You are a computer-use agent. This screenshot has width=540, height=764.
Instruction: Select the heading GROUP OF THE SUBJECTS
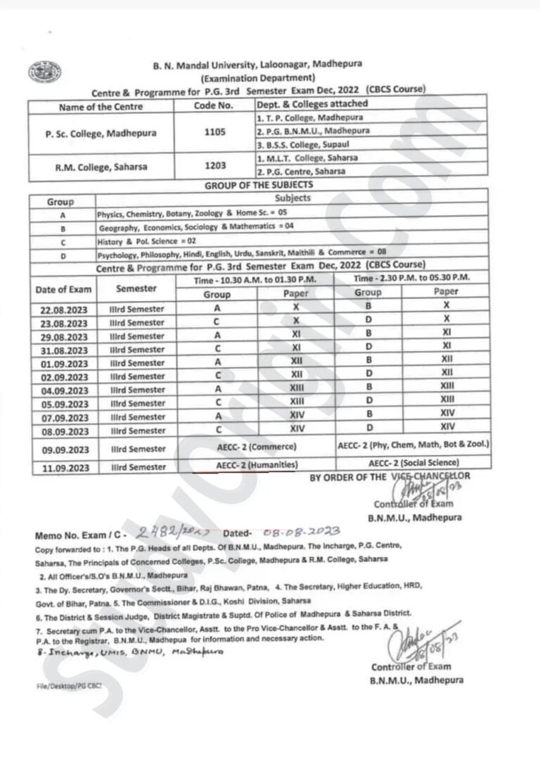coord(259,185)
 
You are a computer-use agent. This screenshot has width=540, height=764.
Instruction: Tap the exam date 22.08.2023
coord(64,310)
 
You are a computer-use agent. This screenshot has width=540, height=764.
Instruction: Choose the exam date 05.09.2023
coord(64,404)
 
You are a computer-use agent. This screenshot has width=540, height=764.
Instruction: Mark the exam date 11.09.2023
coord(64,467)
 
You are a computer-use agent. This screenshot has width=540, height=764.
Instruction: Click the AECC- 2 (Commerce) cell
coord(255,447)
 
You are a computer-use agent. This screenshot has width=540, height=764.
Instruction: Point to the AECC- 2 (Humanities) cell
coord(255,464)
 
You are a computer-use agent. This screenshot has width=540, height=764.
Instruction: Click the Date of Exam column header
coord(63,290)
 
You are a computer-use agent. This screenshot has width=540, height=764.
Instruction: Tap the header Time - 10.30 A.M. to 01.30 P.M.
coord(255,280)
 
